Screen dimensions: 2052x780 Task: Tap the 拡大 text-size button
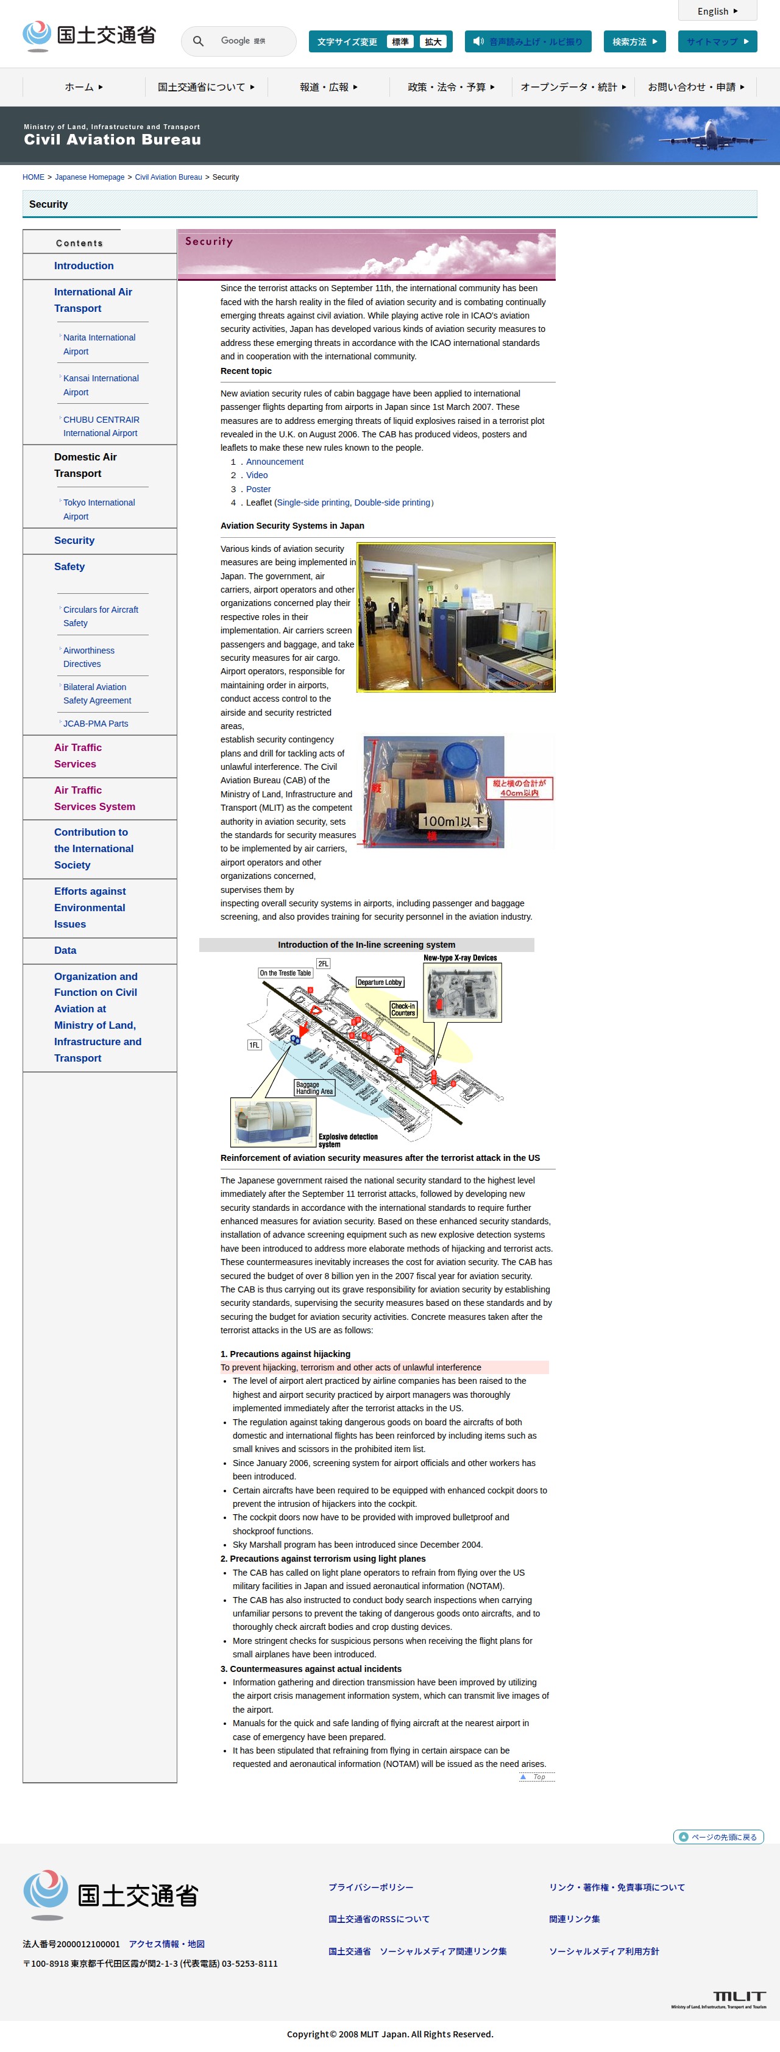[x=433, y=42]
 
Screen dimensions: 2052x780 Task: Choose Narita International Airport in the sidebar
[x=99, y=344]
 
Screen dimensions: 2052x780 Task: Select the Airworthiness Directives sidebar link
[x=88, y=657]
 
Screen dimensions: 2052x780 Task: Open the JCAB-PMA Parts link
[x=96, y=724]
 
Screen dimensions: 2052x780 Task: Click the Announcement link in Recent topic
[x=275, y=462]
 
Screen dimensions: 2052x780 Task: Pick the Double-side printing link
[x=392, y=502]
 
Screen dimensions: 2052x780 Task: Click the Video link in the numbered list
[x=257, y=476]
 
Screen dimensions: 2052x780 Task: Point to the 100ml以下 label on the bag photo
[x=453, y=821]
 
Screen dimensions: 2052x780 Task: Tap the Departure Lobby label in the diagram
[x=379, y=982]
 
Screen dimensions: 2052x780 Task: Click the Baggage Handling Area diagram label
[x=314, y=1088]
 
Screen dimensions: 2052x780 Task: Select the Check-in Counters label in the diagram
[x=403, y=1009]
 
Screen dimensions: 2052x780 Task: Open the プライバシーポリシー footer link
[x=370, y=1887]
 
